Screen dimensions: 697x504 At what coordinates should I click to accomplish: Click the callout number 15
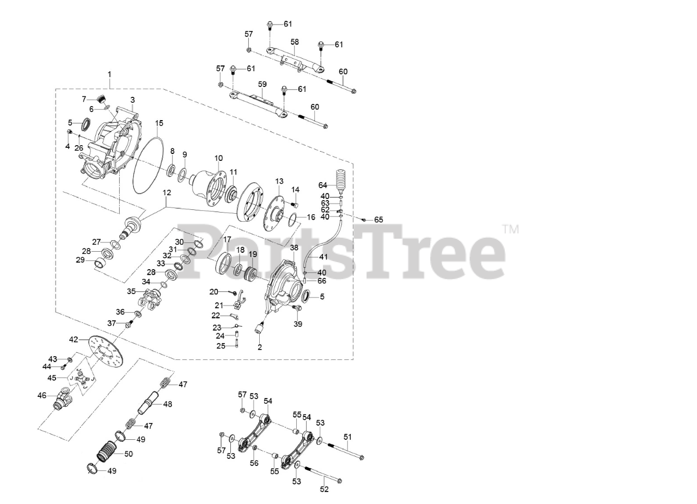point(159,123)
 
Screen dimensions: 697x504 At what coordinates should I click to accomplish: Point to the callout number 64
point(323,185)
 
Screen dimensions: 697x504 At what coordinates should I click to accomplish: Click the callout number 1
point(109,74)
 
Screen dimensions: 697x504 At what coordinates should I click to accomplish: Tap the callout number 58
point(295,42)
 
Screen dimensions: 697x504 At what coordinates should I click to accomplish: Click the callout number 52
point(324,489)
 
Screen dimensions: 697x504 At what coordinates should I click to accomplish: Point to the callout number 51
point(347,437)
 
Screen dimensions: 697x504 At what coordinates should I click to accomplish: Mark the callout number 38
point(294,247)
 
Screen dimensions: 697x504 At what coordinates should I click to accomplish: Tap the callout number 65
point(378,220)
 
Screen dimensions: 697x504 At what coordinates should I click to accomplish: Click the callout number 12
point(167,192)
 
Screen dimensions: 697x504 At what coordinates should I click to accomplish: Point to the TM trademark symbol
point(511,229)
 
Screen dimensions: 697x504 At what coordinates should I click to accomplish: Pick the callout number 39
point(298,324)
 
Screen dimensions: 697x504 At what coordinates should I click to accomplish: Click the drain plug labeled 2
point(260,327)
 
